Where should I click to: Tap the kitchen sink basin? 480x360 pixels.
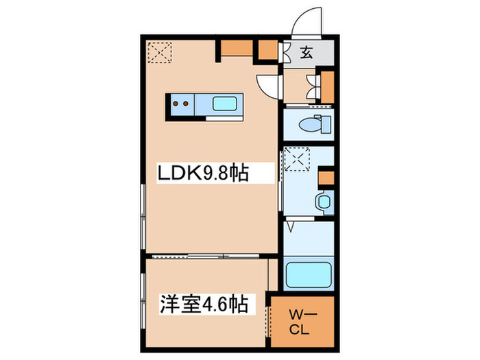tap(226, 104)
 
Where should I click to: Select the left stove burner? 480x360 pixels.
tap(176, 104)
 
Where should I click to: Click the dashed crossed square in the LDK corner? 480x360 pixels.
tap(161, 52)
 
